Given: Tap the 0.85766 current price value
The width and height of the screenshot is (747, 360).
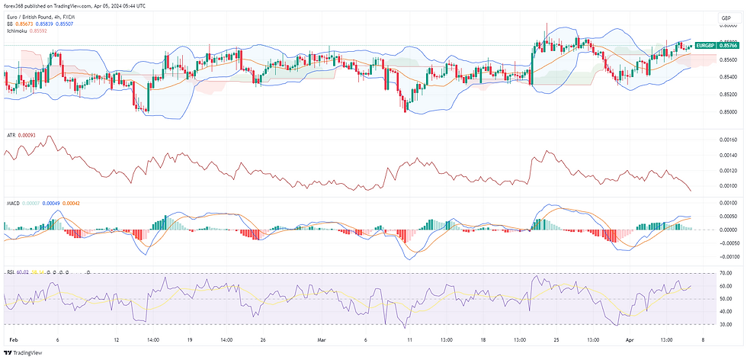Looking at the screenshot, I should pyautogui.click(x=728, y=46).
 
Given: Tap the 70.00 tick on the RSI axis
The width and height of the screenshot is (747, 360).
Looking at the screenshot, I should pyautogui.click(x=725, y=272).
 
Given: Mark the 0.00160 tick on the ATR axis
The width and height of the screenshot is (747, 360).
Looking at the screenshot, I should pyautogui.click(x=727, y=140).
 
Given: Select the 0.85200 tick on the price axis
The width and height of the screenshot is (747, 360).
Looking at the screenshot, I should pyautogui.click(x=727, y=95).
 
